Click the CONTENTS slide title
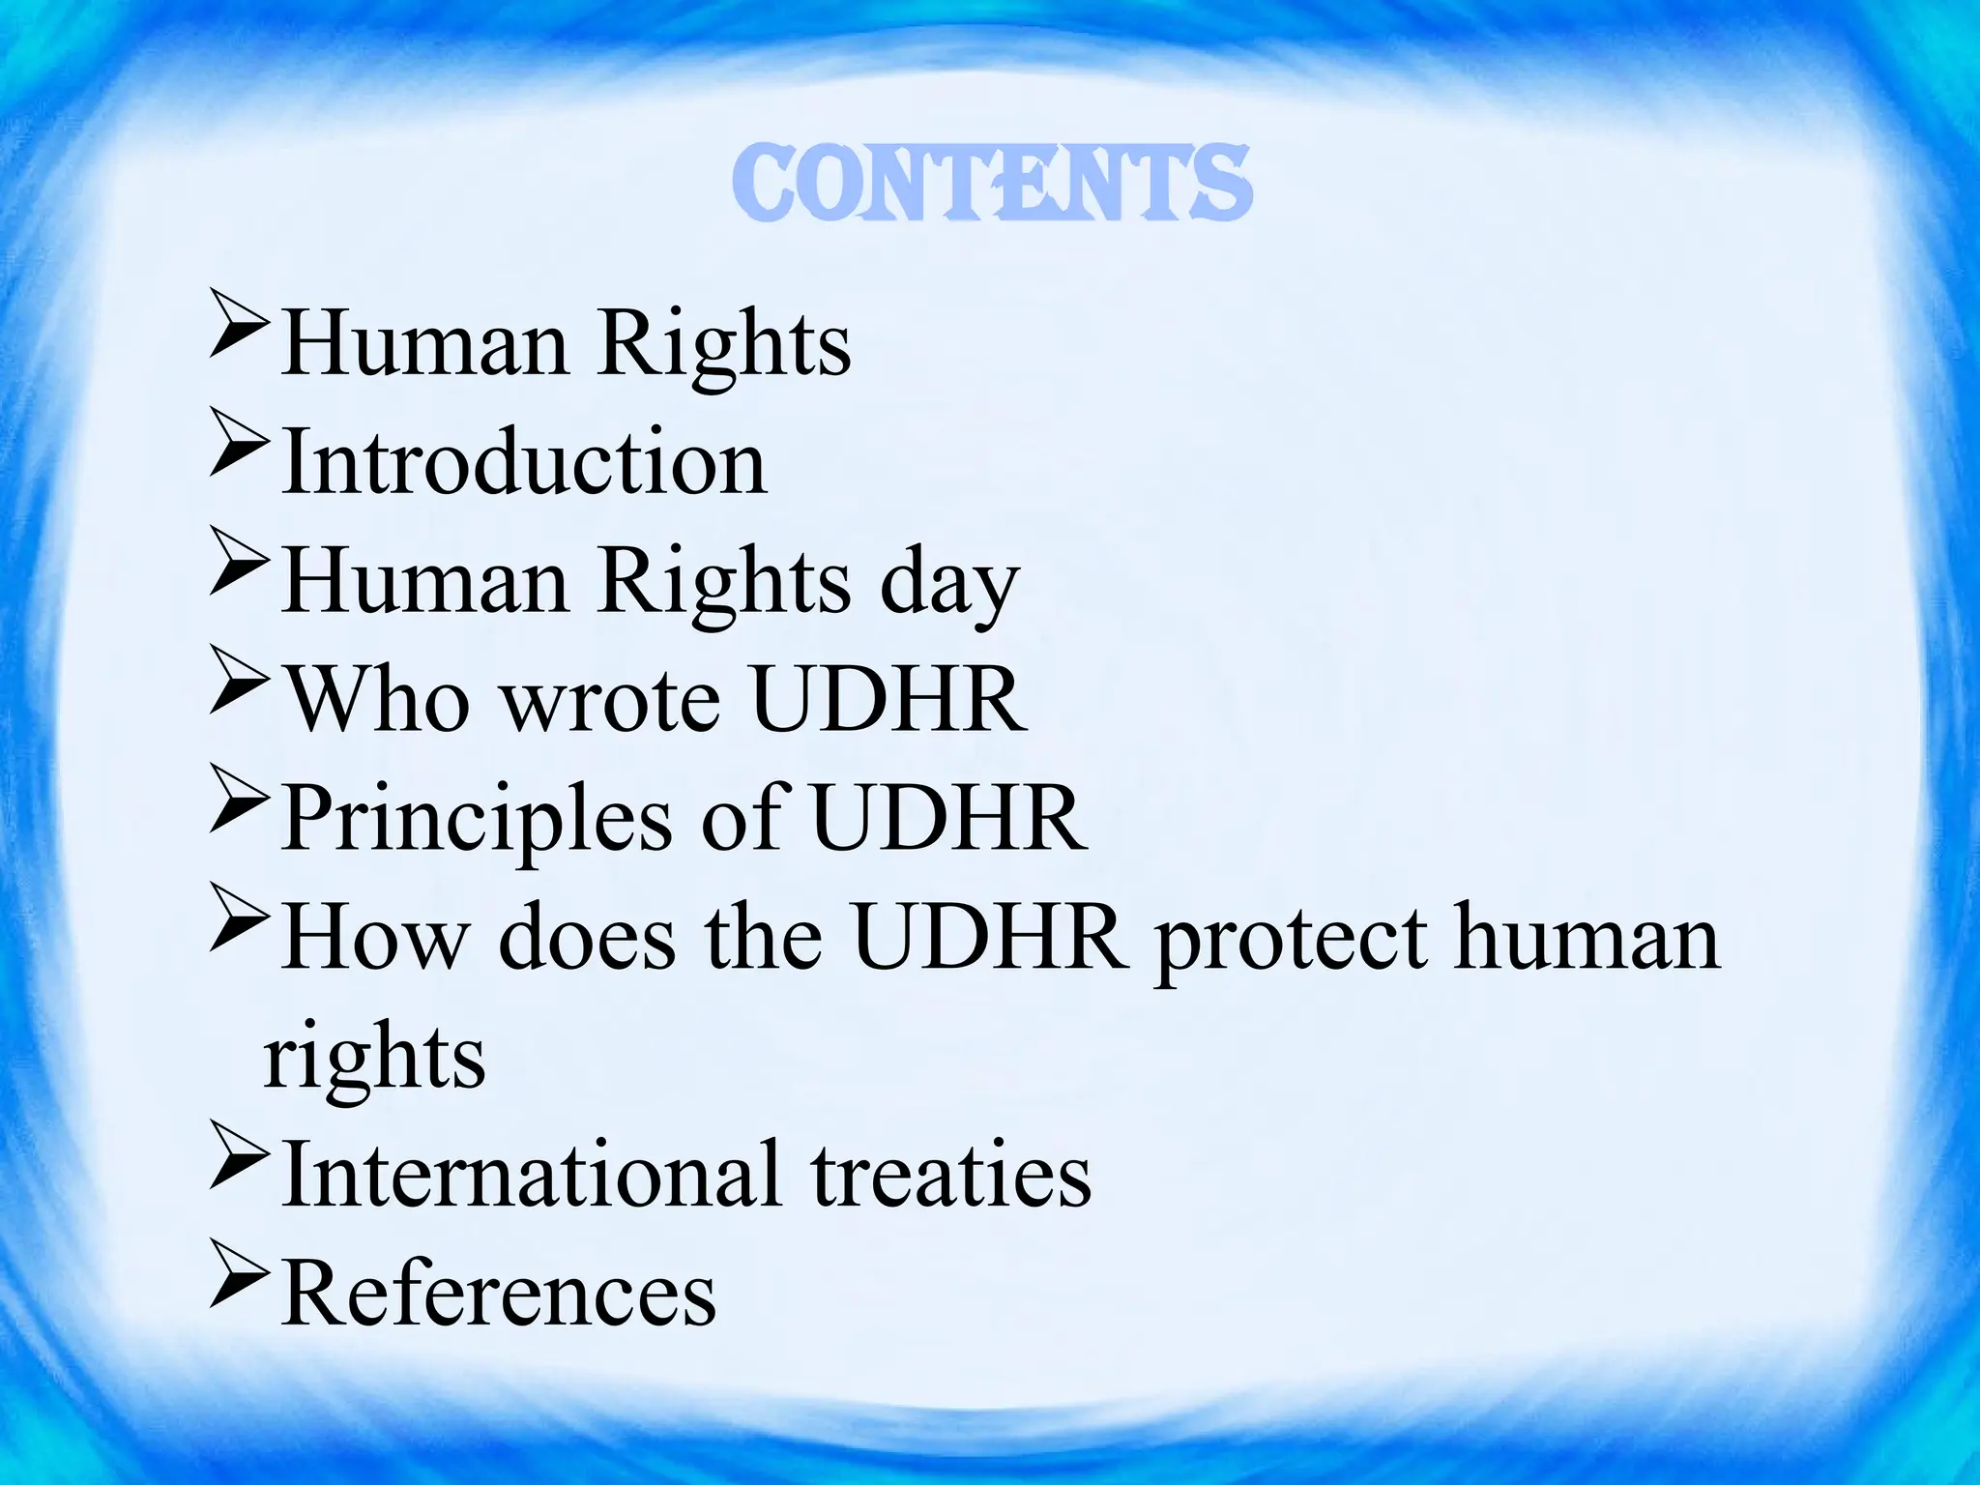click(991, 184)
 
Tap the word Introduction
click(525, 463)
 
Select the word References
click(500, 1294)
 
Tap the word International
click(531, 1174)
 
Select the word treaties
click(951, 1174)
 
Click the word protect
click(1291, 940)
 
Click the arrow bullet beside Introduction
click(237, 446)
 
